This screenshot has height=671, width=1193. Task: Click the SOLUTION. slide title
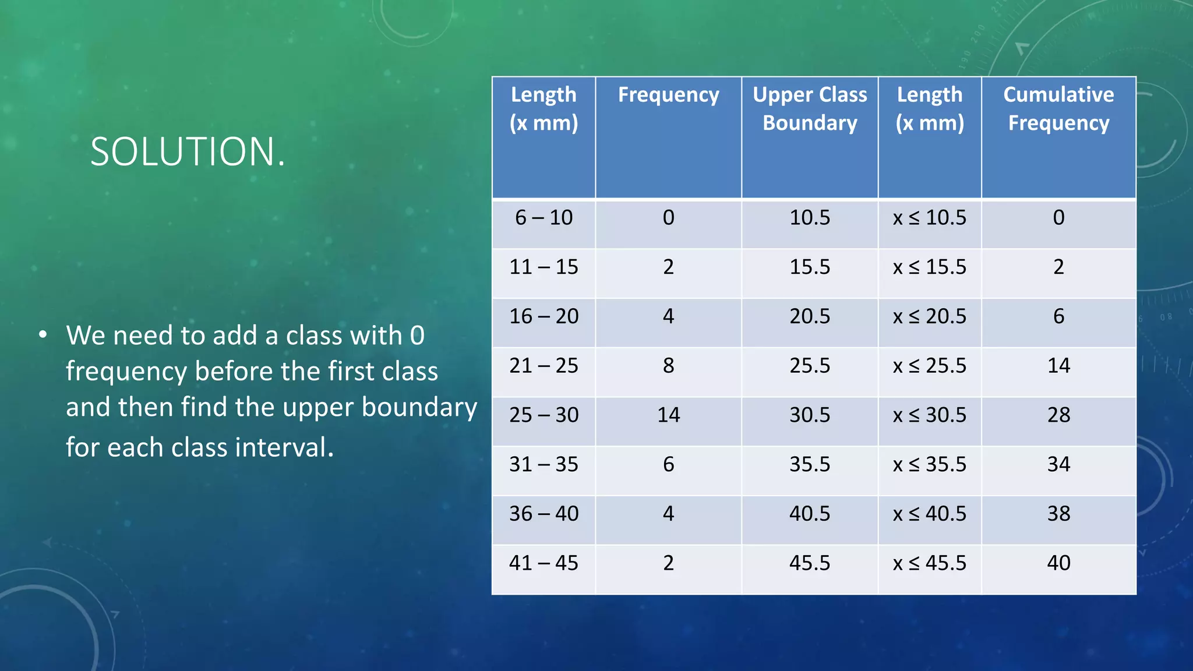188,152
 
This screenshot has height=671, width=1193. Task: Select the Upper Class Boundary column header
810,109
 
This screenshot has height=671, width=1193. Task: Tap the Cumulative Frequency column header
1058,109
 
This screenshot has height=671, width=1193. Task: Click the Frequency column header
668,95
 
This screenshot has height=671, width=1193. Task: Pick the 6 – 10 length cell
543,218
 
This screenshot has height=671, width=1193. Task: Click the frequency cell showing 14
668,415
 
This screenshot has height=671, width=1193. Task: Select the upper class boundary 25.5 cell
810,366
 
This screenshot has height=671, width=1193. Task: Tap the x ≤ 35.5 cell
929,465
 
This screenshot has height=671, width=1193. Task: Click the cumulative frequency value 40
1058,563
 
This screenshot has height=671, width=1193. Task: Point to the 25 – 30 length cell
543,415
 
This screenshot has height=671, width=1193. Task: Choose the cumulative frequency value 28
1058,415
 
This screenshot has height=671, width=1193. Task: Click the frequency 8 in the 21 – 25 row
668,366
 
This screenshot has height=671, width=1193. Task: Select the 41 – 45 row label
543,563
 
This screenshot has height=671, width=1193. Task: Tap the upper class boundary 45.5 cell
810,563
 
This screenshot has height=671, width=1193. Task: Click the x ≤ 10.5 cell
929,218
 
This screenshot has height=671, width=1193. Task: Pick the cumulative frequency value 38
1058,514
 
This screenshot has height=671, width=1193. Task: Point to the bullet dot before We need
43,335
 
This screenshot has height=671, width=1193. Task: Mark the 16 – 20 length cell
543,316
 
